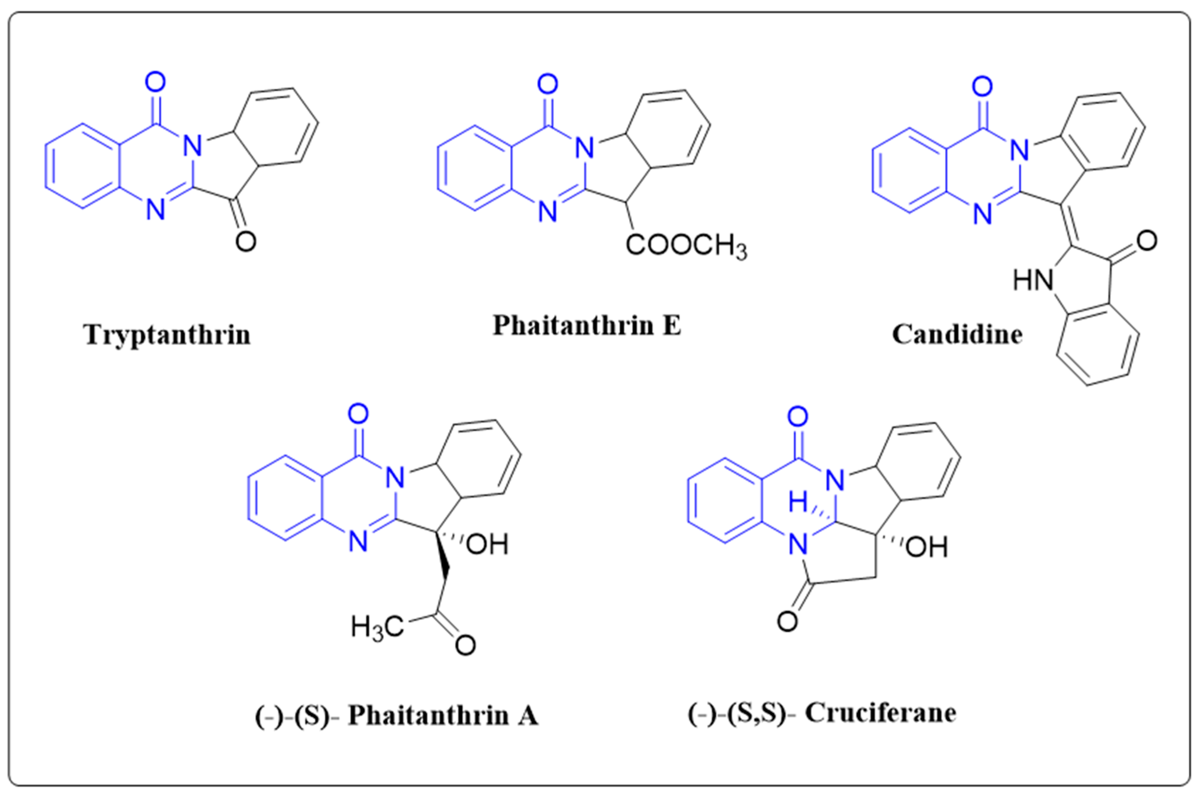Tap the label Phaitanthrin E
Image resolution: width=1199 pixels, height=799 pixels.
click(x=587, y=325)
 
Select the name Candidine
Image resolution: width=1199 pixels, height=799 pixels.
click(x=958, y=335)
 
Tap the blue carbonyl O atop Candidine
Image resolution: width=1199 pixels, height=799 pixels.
click(x=982, y=87)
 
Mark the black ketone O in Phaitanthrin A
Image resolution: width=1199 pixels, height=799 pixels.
click(x=466, y=645)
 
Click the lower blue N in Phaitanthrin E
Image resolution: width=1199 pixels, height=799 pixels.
click(x=548, y=211)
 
